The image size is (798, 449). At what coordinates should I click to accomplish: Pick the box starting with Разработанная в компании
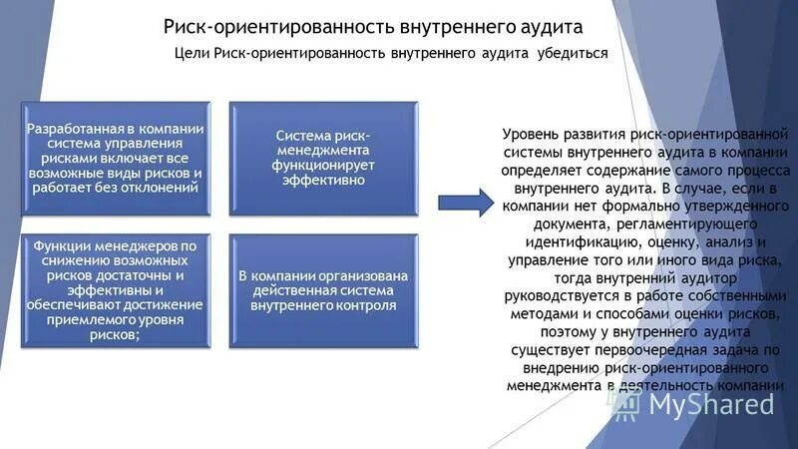117,158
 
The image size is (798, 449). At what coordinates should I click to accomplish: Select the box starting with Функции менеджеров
117,290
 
